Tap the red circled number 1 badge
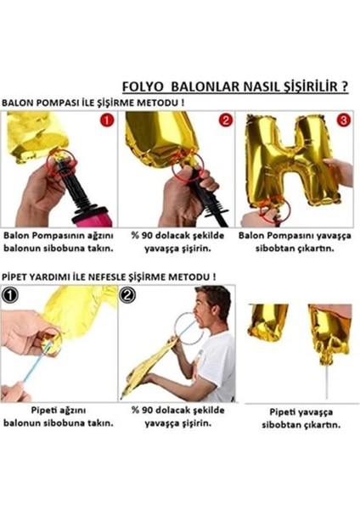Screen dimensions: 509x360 pyautogui.click(x=106, y=120)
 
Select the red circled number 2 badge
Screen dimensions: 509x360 pyautogui.click(x=224, y=120)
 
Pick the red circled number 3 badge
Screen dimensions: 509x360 pyautogui.click(x=342, y=120)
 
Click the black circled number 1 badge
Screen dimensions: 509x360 pyautogui.click(x=10, y=296)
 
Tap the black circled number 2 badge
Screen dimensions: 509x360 pyautogui.click(x=128, y=296)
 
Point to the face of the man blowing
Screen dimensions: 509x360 pyautogui.click(x=211, y=310)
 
